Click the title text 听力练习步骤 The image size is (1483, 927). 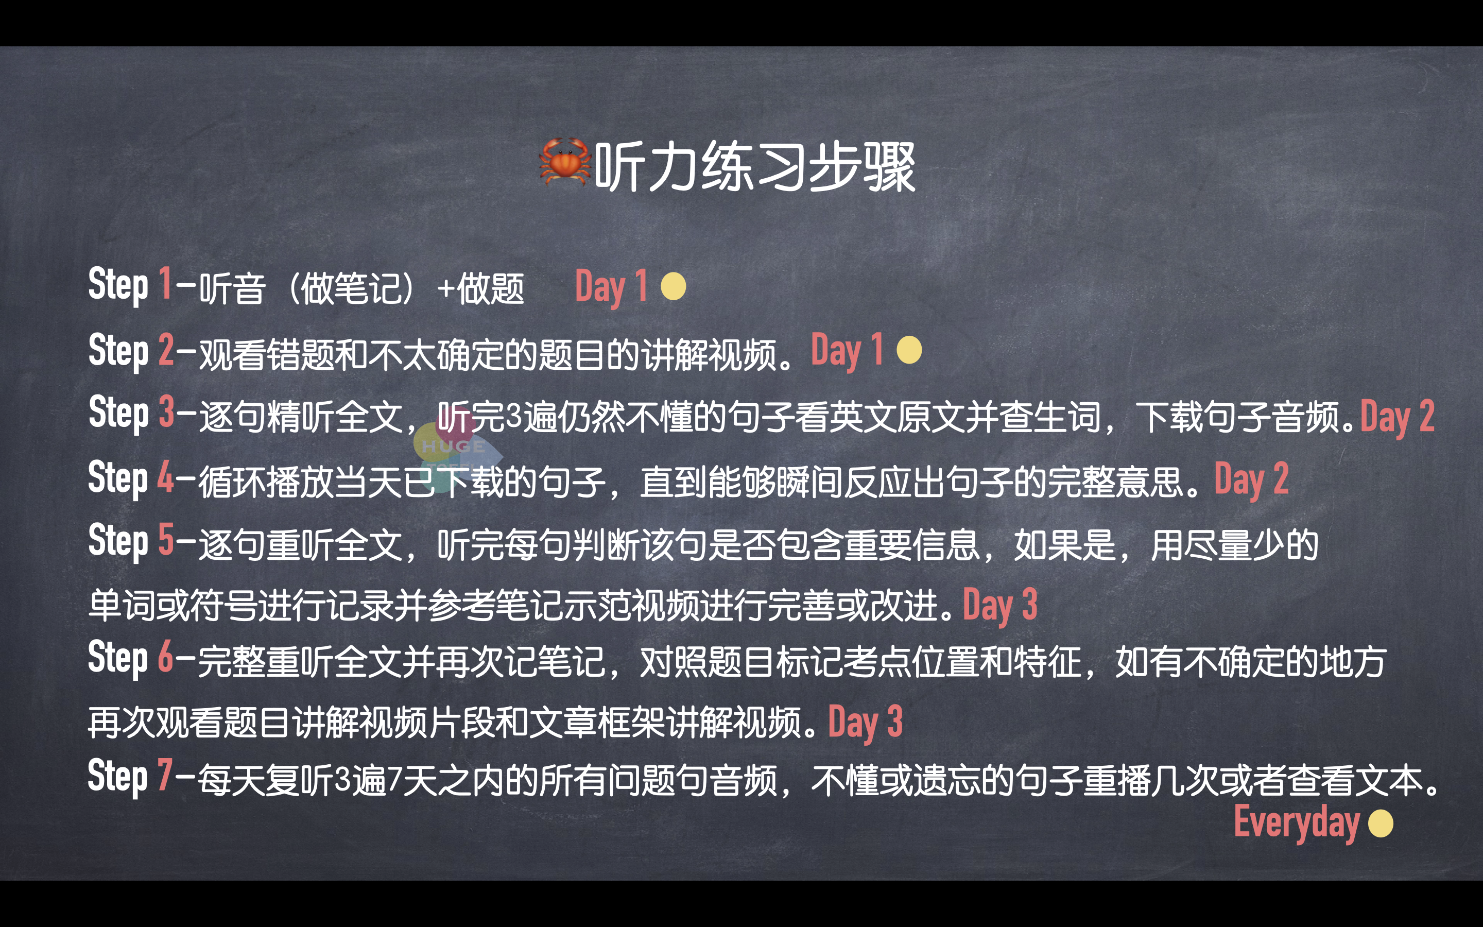pos(755,167)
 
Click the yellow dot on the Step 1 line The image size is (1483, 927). pos(674,286)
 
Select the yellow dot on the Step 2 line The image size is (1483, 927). pos(909,350)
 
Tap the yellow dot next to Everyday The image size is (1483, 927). pos(1381,823)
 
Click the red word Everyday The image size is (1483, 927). pos(1296,823)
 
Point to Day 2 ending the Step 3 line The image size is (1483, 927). pos(1397,417)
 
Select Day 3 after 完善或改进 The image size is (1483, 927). pos(1000,605)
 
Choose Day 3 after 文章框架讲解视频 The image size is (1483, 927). pos(865,722)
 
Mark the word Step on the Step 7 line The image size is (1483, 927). pos(117,776)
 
